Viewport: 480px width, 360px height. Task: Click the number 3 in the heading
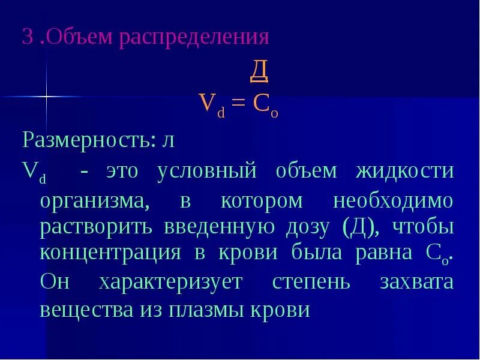click(27, 37)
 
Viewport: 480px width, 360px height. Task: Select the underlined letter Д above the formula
click(259, 72)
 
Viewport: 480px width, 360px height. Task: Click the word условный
click(208, 172)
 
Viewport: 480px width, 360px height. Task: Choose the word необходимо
click(393, 201)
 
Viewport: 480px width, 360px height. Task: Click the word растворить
click(93, 227)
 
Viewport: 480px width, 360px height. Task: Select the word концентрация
click(110, 253)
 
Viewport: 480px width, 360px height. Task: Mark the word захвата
click(417, 281)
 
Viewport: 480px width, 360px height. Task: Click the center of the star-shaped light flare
click(46, 96)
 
